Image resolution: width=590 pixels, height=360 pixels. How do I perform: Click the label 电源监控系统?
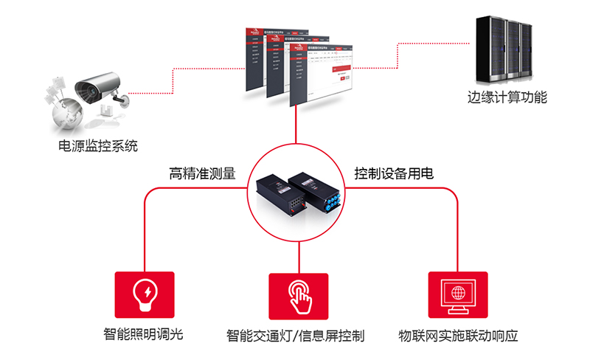97,145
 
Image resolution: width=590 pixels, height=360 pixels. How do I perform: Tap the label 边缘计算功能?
507,97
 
